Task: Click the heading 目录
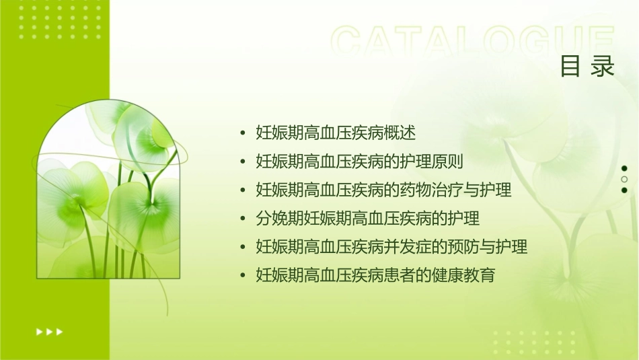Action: [x=587, y=67]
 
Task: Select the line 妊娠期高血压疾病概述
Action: [x=336, y=133]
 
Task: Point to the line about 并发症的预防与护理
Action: [x=391, y=247]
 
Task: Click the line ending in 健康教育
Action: [x=375, y=275]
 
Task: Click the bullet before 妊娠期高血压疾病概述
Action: [x=243, y=133]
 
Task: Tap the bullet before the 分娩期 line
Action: [x=243, y=219]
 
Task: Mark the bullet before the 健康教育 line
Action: [x=243, y=276]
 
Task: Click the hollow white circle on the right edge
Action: [x=624, y=179]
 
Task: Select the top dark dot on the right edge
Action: [x=624, y=168]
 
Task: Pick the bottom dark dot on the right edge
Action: [x=624, y=190]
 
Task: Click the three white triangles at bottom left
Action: [x=49, y=331]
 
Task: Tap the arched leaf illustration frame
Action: [x=108, y=192]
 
